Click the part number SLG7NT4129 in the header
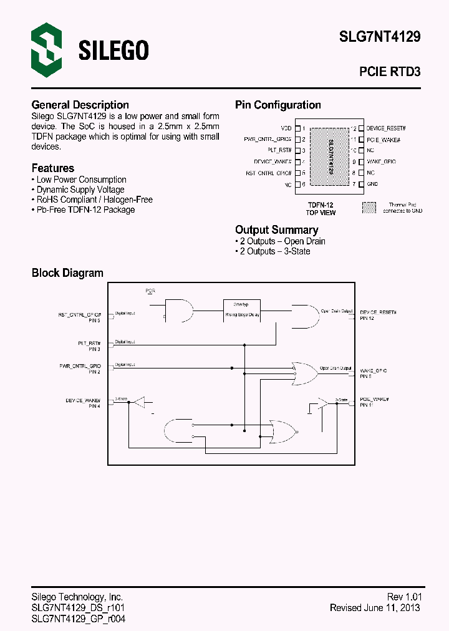point(379,37)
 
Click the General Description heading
point(80,105)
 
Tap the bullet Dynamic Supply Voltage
point(80,190)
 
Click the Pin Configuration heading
point(278,105)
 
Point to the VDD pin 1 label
point(287,128)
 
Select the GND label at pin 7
point(372,184)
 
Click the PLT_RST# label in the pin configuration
point(280,150)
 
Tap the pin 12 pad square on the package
point(360,128)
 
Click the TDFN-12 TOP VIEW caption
point(321,209)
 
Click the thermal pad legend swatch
point(370,208)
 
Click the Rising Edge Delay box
point(242,309)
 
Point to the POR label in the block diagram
point(150,291)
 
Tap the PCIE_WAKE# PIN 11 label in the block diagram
point(374,402)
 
